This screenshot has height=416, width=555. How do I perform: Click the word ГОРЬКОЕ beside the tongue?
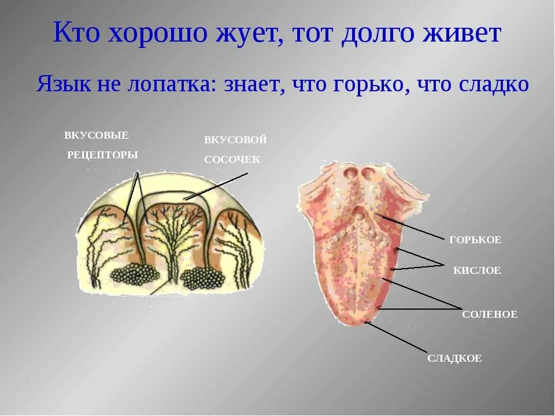[x=475, y=240]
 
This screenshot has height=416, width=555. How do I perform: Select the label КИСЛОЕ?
[x=477, y=270]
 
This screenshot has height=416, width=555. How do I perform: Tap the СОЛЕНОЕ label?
[x=490, y=315]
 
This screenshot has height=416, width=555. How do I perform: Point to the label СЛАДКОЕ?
[x=454, y=358]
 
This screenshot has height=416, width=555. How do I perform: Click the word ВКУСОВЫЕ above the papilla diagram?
[x=97, y=135]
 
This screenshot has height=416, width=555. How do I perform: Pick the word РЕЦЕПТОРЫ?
[x=102, y=155]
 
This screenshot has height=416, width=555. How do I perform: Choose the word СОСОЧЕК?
[x=232, y=159]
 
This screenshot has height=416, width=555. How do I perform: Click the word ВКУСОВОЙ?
[x=235, y=140]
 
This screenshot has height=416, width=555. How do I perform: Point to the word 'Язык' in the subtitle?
[x=62, y=84]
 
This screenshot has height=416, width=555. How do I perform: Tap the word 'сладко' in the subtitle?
[x=494, y=84]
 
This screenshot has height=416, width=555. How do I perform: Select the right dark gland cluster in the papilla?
[x=202, y=278]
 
